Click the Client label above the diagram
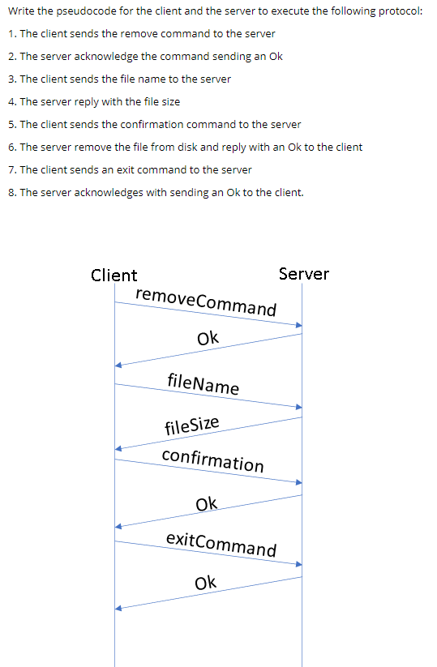[x=114, y=275]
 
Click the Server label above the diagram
[x=303, y=273]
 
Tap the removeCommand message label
[x=206, y=301]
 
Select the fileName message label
[x=203, y=383]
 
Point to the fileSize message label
[x=191, y=424]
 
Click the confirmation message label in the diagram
[x=212, y=460]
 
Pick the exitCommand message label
[x=221, y=544]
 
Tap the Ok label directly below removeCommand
[x=208, y=337]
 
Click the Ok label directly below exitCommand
[x=206, y=582]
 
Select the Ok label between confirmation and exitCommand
[x=207, y=504]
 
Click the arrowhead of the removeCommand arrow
[x=298, y=325]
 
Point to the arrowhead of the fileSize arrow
[x=118, y=447]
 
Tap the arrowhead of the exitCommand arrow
[x=298, y=563]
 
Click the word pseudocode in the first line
[x=90, y=11]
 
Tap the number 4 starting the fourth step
[x=11, y=101]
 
